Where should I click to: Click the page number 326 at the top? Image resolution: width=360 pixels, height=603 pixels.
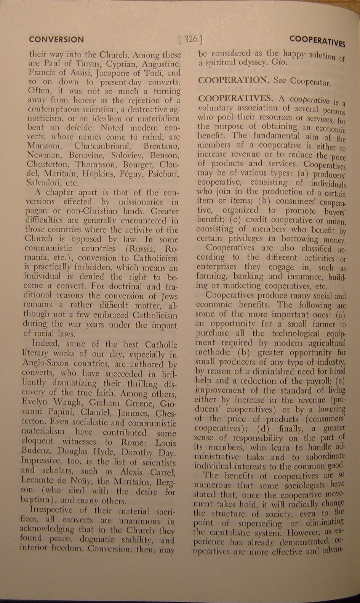click(190, 39)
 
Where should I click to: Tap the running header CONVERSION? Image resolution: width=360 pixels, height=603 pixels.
click(56, 39)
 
